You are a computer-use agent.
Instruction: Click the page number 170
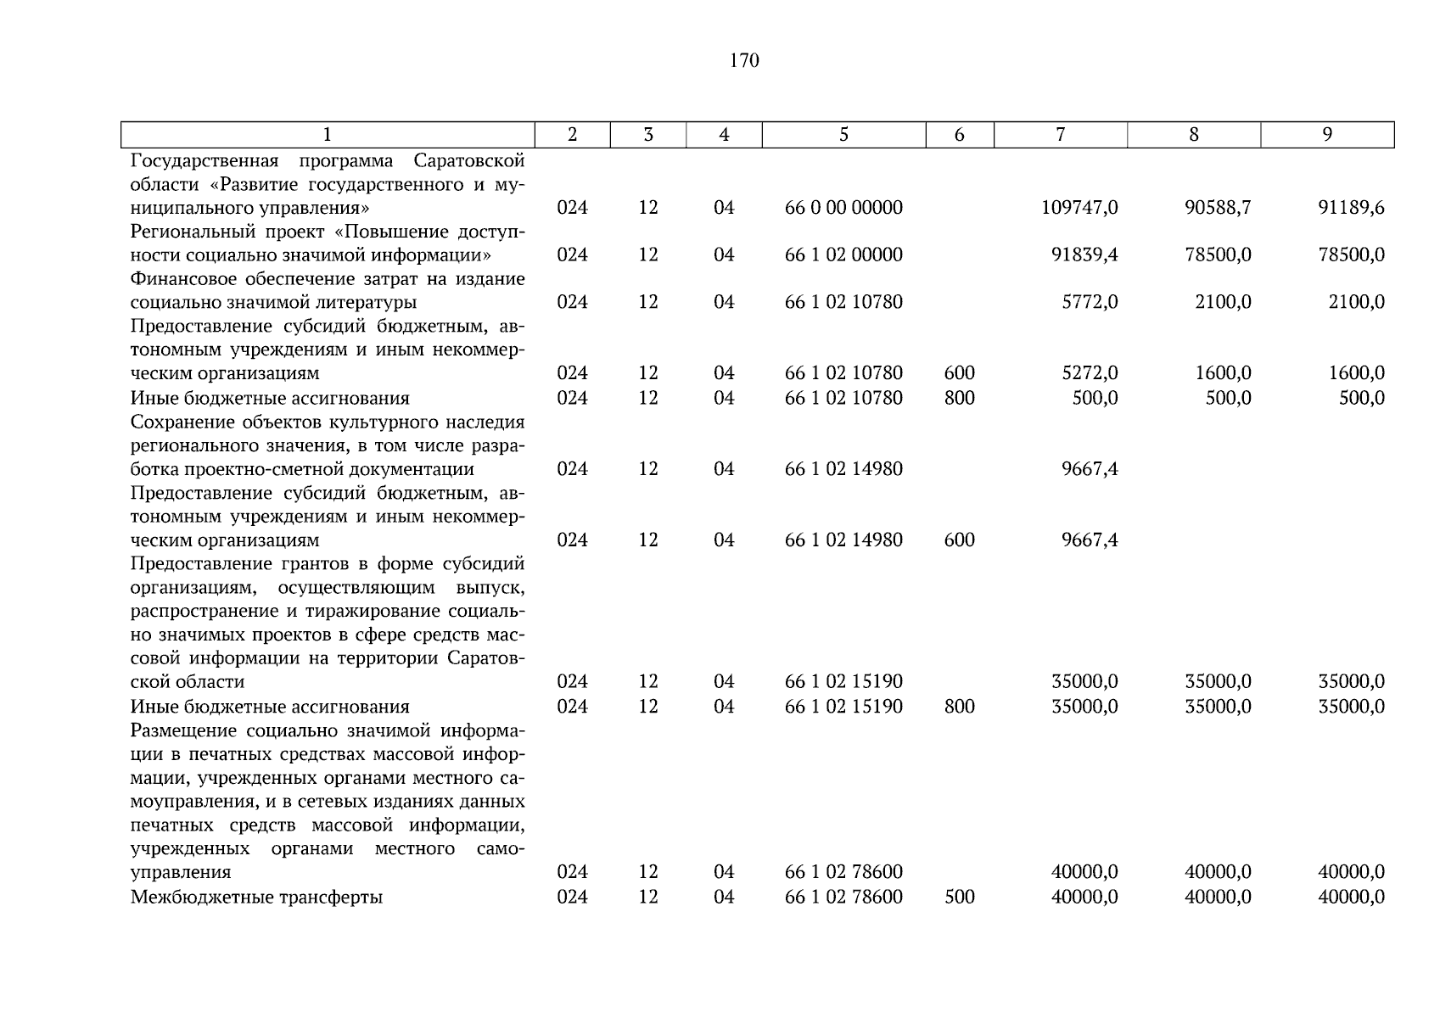click(x=743, y=61)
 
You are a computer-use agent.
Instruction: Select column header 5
click(x=843, y=135)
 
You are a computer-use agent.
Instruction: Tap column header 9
click(x=1327, y=135)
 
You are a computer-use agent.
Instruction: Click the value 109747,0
click(x=1079, y=208)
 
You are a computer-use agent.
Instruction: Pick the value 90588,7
click(x=1218, y=208)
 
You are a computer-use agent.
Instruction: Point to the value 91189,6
click(x=1351, y=208)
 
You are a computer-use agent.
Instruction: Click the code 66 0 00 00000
click(x=843, y=208)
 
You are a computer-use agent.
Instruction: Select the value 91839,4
click(x=1084, y=255)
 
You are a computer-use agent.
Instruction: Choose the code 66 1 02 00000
click(x=843, y=255)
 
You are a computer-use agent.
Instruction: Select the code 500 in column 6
click(x=959, y=898)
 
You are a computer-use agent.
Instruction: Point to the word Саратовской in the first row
click(x=469, y=161)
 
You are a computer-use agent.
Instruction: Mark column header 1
click(x=328, y=135)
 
